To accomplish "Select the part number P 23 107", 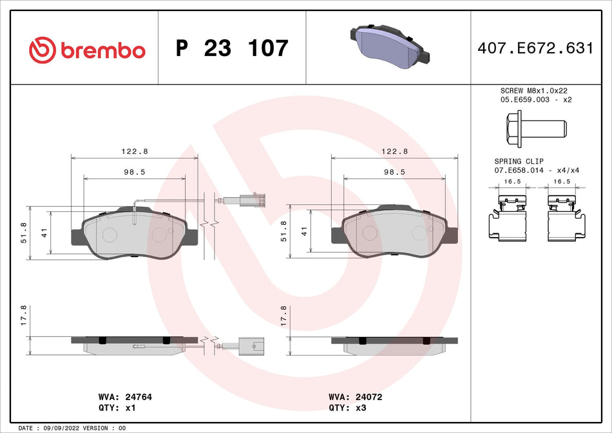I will click(x=232, y=49).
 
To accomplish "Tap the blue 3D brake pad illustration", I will click(x=387, y=49).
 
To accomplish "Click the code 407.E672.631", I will click(x=535, y=48).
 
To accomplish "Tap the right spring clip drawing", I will click(x=567, y=218).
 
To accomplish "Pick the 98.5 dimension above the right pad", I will click(x=394, y=172).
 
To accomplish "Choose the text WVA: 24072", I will click(x=355, y=397).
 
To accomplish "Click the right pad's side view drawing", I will click(x=394, y=345).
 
